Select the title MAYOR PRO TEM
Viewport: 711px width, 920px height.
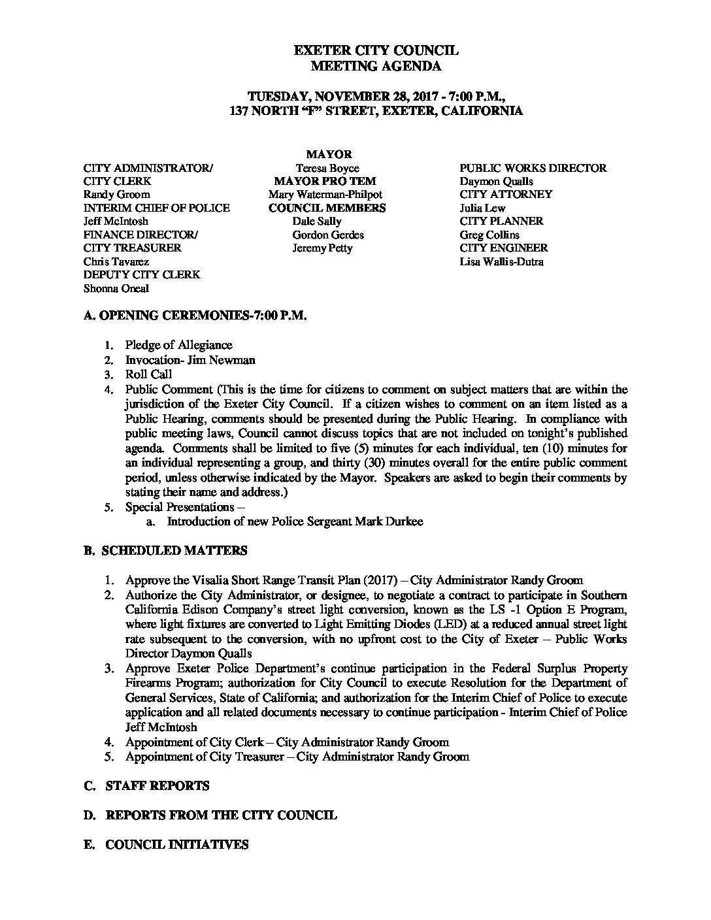tap(325, 181)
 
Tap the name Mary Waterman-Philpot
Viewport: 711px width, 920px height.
tap(325, 195)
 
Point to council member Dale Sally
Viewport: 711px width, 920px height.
tap(316, 222)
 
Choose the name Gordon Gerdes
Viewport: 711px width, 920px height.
tap(328, 235)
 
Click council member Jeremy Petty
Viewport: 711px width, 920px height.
tap(322, 248)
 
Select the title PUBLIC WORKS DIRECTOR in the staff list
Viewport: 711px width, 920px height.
tap(533, 168)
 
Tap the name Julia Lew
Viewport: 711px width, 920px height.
tap(482, 208)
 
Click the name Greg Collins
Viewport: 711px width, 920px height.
tap(490, 235)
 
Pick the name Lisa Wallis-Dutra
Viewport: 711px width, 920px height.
tap(501, 262)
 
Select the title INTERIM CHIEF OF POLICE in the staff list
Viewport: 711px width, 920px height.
tap(157, 208)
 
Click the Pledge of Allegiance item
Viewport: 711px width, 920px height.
tap(178, 345)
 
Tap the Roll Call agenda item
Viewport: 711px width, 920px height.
tap(148, 374)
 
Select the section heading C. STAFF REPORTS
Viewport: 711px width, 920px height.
tap(147, 786)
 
